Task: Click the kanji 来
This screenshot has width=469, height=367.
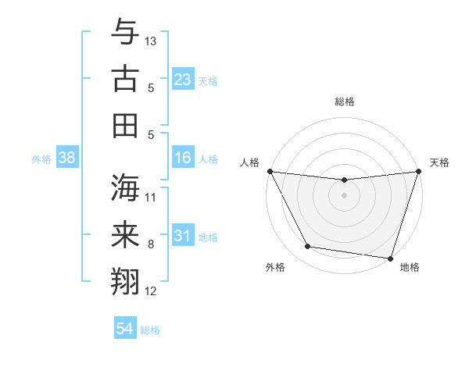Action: point(125,234)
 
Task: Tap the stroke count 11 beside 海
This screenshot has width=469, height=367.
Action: point(151,197)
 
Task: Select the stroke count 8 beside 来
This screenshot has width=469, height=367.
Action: point(151,244)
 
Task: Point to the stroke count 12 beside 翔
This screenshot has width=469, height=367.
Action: point(151,291)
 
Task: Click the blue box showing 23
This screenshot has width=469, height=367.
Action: point(182,80)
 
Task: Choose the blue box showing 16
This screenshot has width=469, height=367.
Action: point(182,158)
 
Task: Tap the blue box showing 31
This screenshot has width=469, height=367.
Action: point(182,236)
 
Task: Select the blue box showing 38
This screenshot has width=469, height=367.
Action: point(66,158)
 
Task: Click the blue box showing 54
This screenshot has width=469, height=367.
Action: point(124,329)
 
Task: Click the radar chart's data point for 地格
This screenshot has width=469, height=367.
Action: point(389,258)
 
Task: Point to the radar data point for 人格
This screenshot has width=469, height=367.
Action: point(270,171)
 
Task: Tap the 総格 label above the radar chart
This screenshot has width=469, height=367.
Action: point(344,102)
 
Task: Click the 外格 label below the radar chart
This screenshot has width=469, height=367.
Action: point(275,268)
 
